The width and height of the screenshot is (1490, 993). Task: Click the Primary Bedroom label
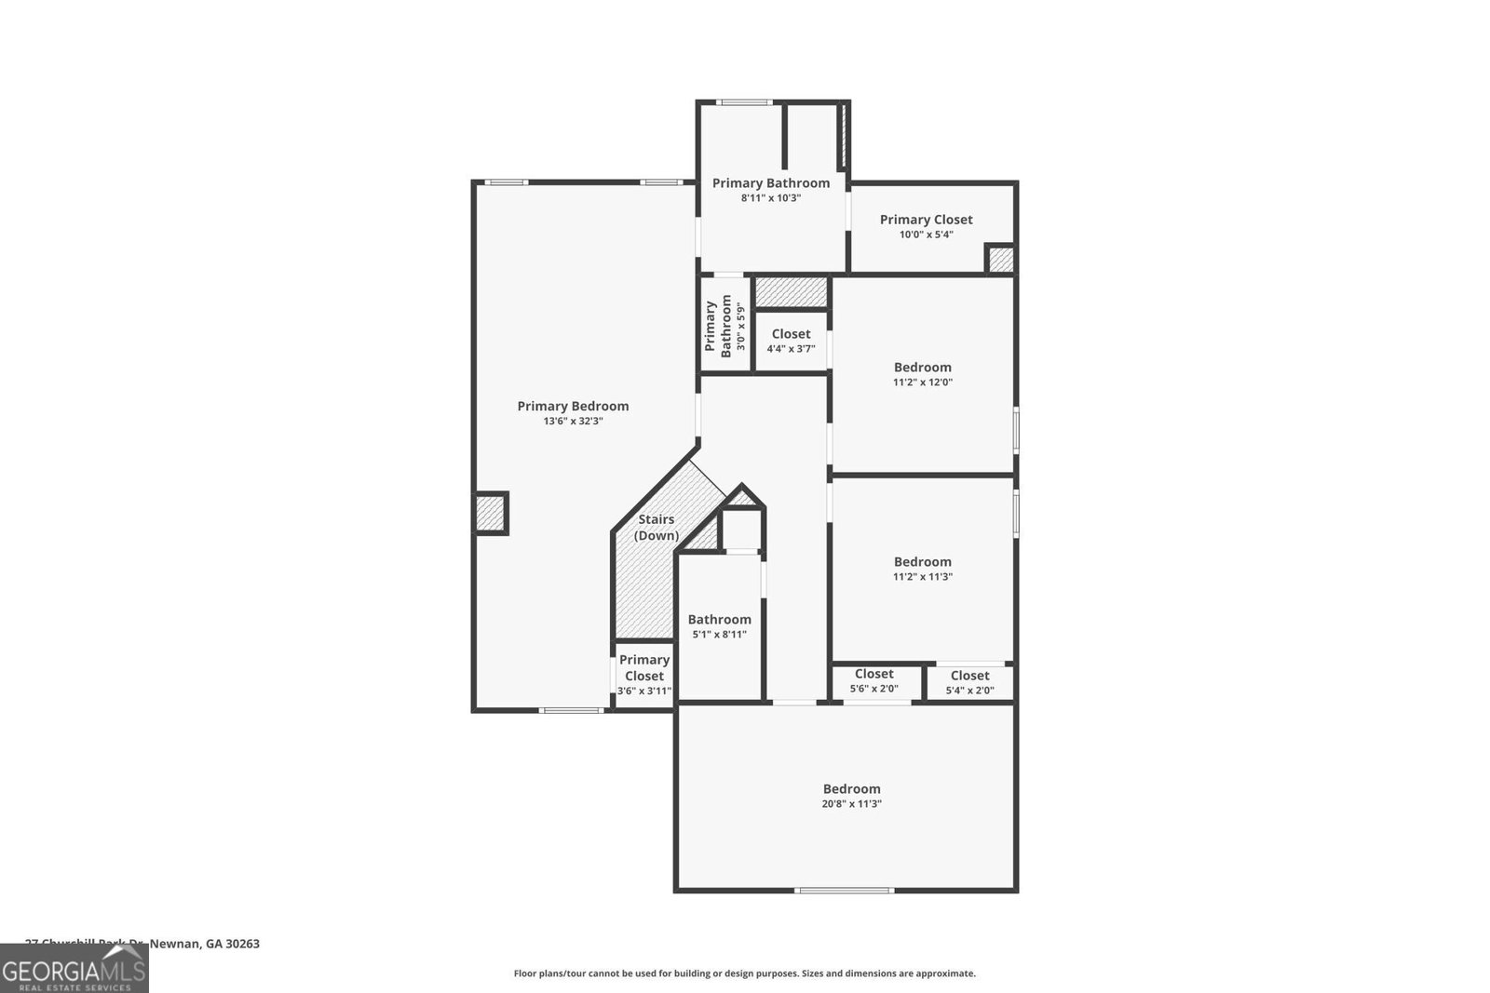pyautogui.click(x=573, y=406)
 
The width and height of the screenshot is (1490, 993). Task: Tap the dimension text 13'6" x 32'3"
pyautogui.click(x=573, y=422)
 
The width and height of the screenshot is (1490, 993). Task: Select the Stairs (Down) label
pyautogui.click(x=656, y=528)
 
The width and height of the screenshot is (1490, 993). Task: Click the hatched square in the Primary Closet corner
pyautogui.click(x=1000, y=260)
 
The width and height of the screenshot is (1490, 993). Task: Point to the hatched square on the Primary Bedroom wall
pyautogui.click(x=491, y=512)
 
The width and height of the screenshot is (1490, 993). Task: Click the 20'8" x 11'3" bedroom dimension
pyautogui.click(x=851, y=804)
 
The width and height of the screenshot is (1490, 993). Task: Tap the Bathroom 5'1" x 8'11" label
pyautogui.click(x=719, y=626)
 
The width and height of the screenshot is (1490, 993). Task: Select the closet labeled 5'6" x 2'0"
pyautogui.click(x=874, y=681)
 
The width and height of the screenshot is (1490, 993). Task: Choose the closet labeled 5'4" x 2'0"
pyautogui.click(x=969, y=683)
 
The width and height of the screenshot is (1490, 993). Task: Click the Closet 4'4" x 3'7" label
pyautogui.click(x=791, y=341)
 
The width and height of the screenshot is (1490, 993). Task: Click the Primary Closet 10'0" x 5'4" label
pyautogui.click(x=926, y=226)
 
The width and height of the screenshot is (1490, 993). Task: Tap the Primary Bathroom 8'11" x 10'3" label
pyautogui.click(x=771, y=190)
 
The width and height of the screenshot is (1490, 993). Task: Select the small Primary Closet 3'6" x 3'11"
pyautogui.click(x=644, y=675)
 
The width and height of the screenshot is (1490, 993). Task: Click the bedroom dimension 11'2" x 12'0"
pyautogui.click(x=922, y=382)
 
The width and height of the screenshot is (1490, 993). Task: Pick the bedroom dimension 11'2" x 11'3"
pyautogui.click(x=922, y=577)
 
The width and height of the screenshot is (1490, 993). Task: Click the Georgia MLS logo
pyautogui.click(x=74, y=969)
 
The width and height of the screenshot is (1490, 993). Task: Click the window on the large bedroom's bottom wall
pyautogui.click(x=844, y=891)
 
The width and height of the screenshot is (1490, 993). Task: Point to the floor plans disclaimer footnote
pyautogui.click(x=744, y=973)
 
